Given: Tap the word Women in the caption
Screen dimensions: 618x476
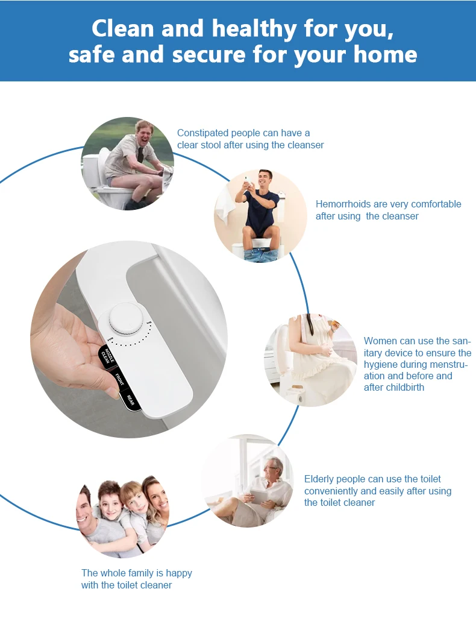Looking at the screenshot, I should click(380, 341).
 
